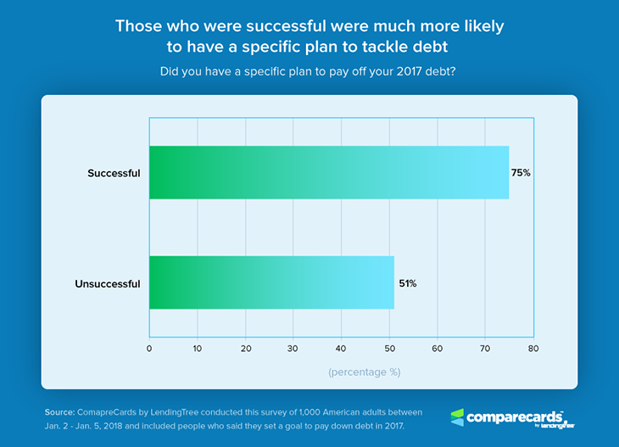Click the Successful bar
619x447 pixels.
coord(329,172)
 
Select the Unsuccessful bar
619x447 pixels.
coord(271,282)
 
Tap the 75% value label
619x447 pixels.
coord(521,172)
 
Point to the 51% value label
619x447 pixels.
coord(407,283)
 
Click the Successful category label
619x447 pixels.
coord(114,173)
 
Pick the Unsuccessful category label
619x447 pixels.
coord(107,283)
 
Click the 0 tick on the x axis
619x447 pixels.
coord(149,348)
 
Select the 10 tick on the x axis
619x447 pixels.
coord(198,348)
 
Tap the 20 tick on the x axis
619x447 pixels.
coord(245,348)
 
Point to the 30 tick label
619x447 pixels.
coord(293,348)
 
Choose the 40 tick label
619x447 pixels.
coord(341,348)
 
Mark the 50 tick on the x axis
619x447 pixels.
coord(389,348)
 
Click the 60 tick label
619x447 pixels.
coord(438,348)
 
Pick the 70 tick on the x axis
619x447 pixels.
coord(485,348)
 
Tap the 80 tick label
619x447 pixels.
coord(533,348)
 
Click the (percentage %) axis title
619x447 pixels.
coord(365,372)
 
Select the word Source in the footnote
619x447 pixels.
coord(60,411)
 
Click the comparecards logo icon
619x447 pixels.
coord(457,416)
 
